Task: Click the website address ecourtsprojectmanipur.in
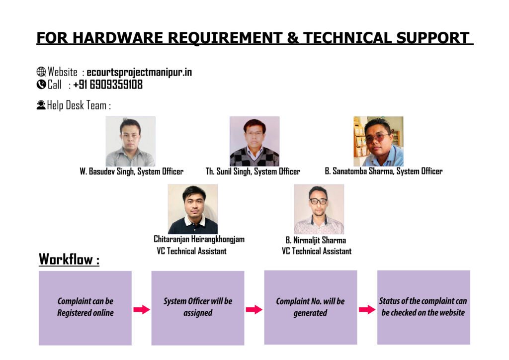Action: (139, 72)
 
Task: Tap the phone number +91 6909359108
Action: (108, 85)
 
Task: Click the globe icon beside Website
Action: (41, 72)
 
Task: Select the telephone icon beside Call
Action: (41, 85)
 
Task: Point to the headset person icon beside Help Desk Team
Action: (41, 105)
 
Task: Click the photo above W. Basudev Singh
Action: (131, 141)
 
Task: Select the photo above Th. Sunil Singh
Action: (254, 141)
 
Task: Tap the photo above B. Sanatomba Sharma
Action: (378, 141)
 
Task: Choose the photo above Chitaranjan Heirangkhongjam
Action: (193, 209)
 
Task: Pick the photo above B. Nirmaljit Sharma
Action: (319, 209)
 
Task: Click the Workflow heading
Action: (69, 260)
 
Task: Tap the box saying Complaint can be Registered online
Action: (85, 308)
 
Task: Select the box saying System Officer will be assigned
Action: (198, 308)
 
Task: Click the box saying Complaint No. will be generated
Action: (311, 307)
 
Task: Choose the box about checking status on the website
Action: (424, 307)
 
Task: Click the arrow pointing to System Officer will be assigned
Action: (142, 309)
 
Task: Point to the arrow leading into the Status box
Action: (367, 309)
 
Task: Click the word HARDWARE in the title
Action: (117, 38)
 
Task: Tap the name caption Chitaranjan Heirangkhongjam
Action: (199, 239)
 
